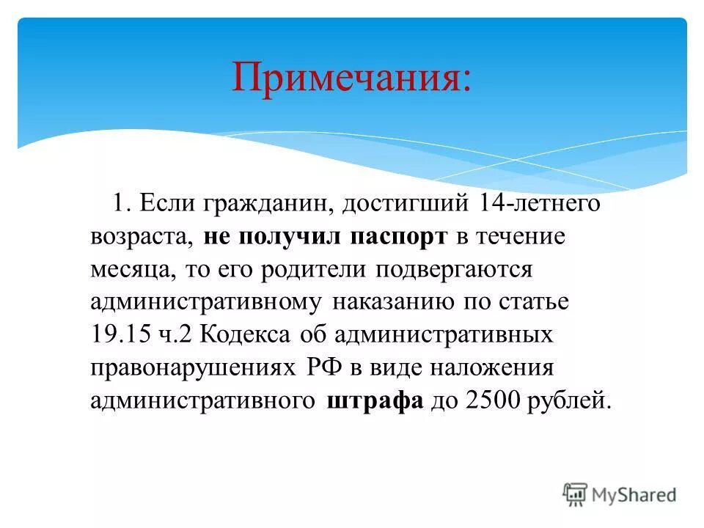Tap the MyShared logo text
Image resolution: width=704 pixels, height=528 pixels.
pyautogui.click(x=635, y=494)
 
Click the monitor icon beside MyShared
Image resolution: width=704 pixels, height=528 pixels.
pyautogui.click(x=576, y=494)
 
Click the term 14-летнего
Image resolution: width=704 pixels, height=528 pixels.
pyautogui.click(x=540, y=203)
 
